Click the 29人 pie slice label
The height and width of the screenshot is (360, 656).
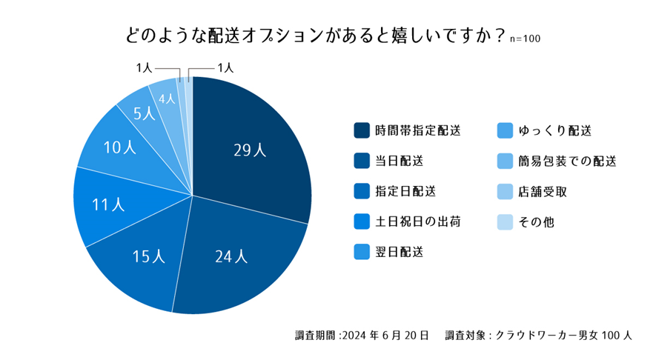[x=249, y=150]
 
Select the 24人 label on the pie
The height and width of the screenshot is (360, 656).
[x=231, y=257]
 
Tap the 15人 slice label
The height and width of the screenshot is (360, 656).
[x=148, y=256]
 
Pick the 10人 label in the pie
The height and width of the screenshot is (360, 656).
[x=119, y=147]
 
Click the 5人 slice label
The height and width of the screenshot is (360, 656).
[x=144, y=113]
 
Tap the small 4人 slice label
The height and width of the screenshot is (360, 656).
[x=168, y=98]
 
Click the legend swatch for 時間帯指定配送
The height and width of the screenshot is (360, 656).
[x=362, y=130]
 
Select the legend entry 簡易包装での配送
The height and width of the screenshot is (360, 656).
[x=568, y=161]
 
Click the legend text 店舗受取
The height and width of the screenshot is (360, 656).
[x=544, y=191]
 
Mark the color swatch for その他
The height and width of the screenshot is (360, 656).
[x=505, y=221]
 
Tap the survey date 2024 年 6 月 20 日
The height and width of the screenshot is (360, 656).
[x=385, y=336]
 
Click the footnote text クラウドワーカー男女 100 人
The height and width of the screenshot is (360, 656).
[x=564, y=336]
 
